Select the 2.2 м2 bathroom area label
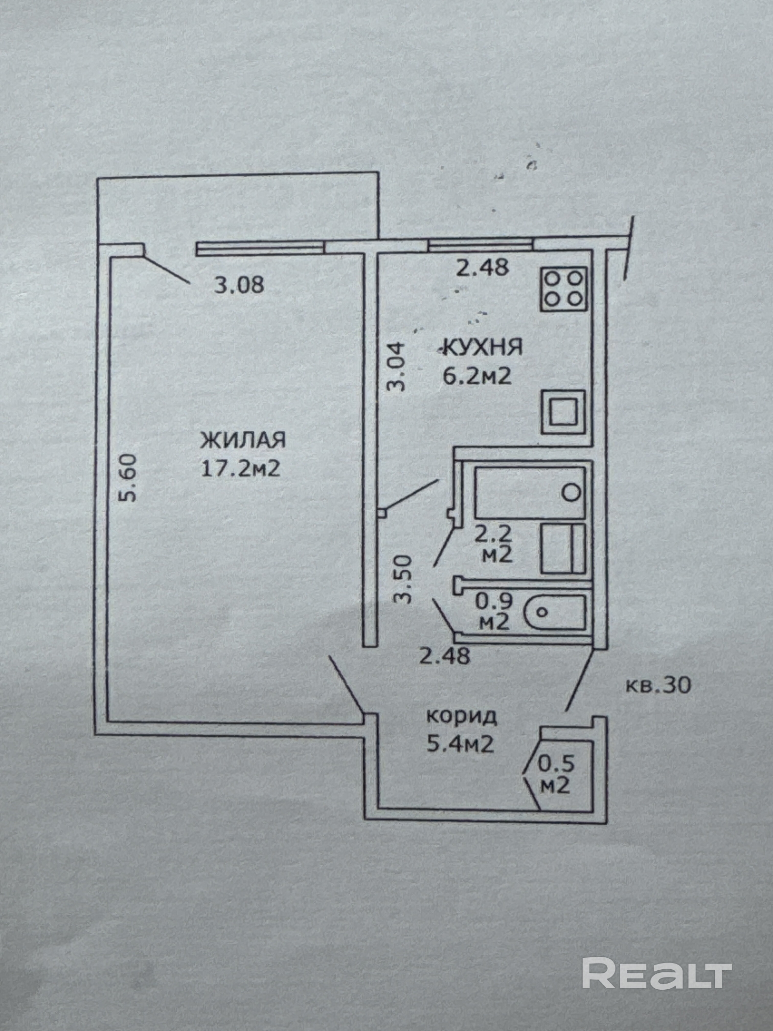click(497, 543)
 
